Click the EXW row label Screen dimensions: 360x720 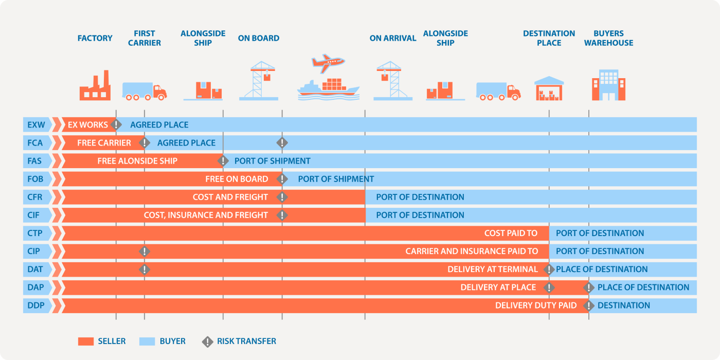tap(36, 125)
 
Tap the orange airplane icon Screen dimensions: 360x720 tap(327, 63)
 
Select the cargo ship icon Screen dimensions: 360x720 tap(328, 88)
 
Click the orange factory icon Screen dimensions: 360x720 tap(95, 87)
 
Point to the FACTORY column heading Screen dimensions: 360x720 tap(95, 38)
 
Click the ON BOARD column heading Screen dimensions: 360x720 tap(259, 38)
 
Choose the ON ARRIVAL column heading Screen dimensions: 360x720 tap(393, 38)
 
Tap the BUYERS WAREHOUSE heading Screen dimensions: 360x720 tap(608, 38)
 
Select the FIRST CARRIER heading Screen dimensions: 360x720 tap(145, 38)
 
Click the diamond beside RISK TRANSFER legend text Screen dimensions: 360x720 tap(207, 341)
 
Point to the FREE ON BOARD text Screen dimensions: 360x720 tap(237, 179)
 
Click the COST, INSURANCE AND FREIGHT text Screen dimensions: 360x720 tap(206, 215)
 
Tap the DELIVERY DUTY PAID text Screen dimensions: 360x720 tap(536, 305)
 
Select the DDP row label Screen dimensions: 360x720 tap(36, 305)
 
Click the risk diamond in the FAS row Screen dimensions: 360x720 tap(223, 161)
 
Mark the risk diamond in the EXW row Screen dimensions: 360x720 tap(116, 125)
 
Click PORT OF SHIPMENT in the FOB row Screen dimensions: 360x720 tap(336, 179)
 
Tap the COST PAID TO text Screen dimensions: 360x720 tap(511, 233)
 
